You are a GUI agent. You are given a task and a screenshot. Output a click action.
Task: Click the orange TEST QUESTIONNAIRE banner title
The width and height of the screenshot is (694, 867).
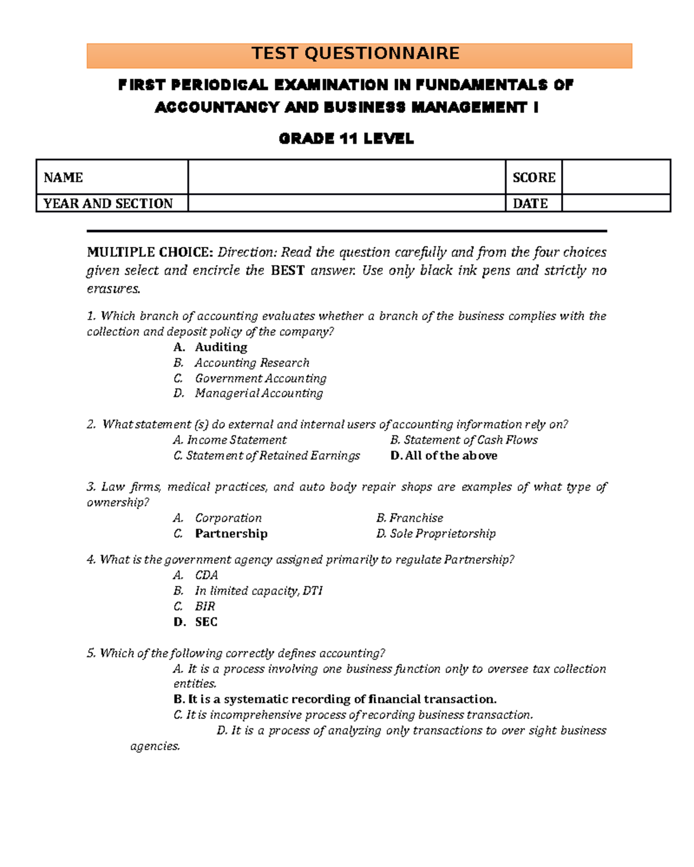click(x=355, y=54)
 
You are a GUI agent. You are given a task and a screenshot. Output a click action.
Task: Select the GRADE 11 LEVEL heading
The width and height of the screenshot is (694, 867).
click(x=346, y=139)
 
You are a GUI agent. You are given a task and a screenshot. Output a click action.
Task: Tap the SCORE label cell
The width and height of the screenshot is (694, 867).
click(x=533, y=177)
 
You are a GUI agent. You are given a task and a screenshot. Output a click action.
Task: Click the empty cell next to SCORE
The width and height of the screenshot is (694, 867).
click(x=615, y=177)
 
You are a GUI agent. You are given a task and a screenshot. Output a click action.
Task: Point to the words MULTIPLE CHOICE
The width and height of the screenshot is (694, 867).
click(x=150, y=253)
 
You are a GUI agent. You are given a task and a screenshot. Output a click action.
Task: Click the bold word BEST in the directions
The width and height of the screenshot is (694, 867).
click(x=287, y=271)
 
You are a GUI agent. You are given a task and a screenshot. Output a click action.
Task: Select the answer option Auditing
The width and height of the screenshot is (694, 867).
click(x=220, y=347)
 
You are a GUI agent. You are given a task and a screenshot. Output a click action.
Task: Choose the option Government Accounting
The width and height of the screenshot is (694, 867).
click(x=260, y=379)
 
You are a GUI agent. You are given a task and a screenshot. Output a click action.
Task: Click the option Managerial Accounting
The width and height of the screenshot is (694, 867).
click(x=259, y=394)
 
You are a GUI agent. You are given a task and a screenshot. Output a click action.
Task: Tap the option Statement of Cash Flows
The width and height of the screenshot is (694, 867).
click(x=470, y=440)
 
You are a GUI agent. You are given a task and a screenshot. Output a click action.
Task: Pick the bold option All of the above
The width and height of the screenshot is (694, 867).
click(x=450, y=456)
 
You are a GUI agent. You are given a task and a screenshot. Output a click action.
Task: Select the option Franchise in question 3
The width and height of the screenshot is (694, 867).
click(x=415, y=518)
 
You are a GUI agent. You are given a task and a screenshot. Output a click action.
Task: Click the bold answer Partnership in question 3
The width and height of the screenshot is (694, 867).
click(x=231, y=534)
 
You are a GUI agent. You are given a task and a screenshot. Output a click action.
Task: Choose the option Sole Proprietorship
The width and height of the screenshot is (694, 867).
click(x=442, y=534)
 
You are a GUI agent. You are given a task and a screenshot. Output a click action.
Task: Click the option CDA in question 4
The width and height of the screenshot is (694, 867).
click(x=206, y=576)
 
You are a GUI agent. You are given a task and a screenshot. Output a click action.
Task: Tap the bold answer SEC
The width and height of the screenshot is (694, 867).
click(x=206, y=623)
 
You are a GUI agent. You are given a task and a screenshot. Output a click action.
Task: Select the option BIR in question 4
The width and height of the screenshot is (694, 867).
click(x=205, y=607)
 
